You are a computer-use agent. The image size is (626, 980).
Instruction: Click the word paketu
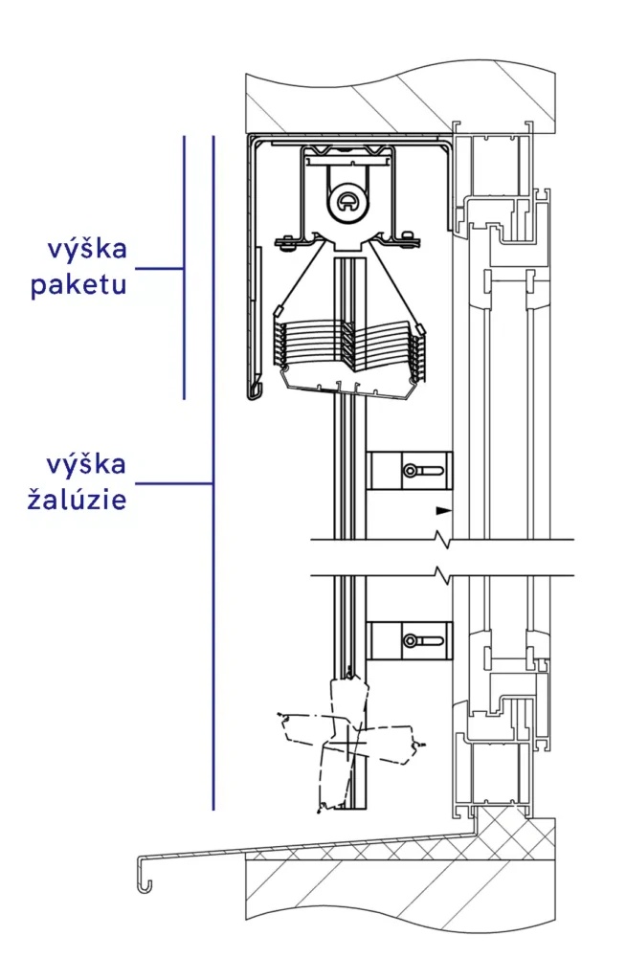click(x=78, y=285)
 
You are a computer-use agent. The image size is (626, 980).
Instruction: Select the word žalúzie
click(x=78, y=500)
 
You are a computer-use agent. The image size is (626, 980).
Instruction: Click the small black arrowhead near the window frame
click(x=441, y=511)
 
